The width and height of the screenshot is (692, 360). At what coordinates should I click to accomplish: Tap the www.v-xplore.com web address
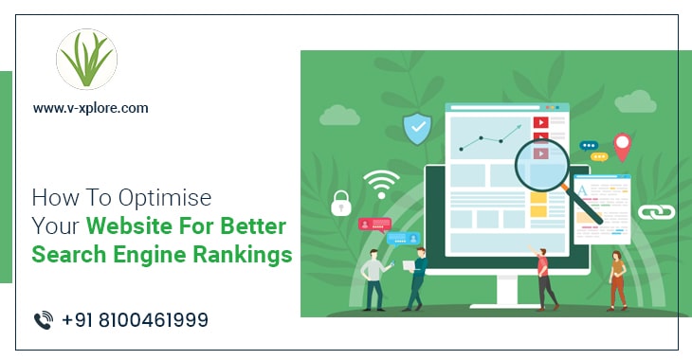click(x=90, y=108)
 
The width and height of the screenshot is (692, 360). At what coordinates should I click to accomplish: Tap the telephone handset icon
click(x=43, y=320)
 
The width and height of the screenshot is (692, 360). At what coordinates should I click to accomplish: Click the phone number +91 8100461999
click(x=135, y=320)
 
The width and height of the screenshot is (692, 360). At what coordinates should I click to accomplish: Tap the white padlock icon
click(x=341, y=202)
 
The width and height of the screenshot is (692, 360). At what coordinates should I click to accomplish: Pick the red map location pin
click(x=622, y=146)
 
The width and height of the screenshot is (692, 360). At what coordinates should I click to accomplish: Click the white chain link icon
click(x=649, y=212)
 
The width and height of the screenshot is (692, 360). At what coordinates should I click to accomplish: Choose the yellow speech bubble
click(x=599, y=156)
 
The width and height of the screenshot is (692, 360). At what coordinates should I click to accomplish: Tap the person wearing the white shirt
click(x=373, y=275)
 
